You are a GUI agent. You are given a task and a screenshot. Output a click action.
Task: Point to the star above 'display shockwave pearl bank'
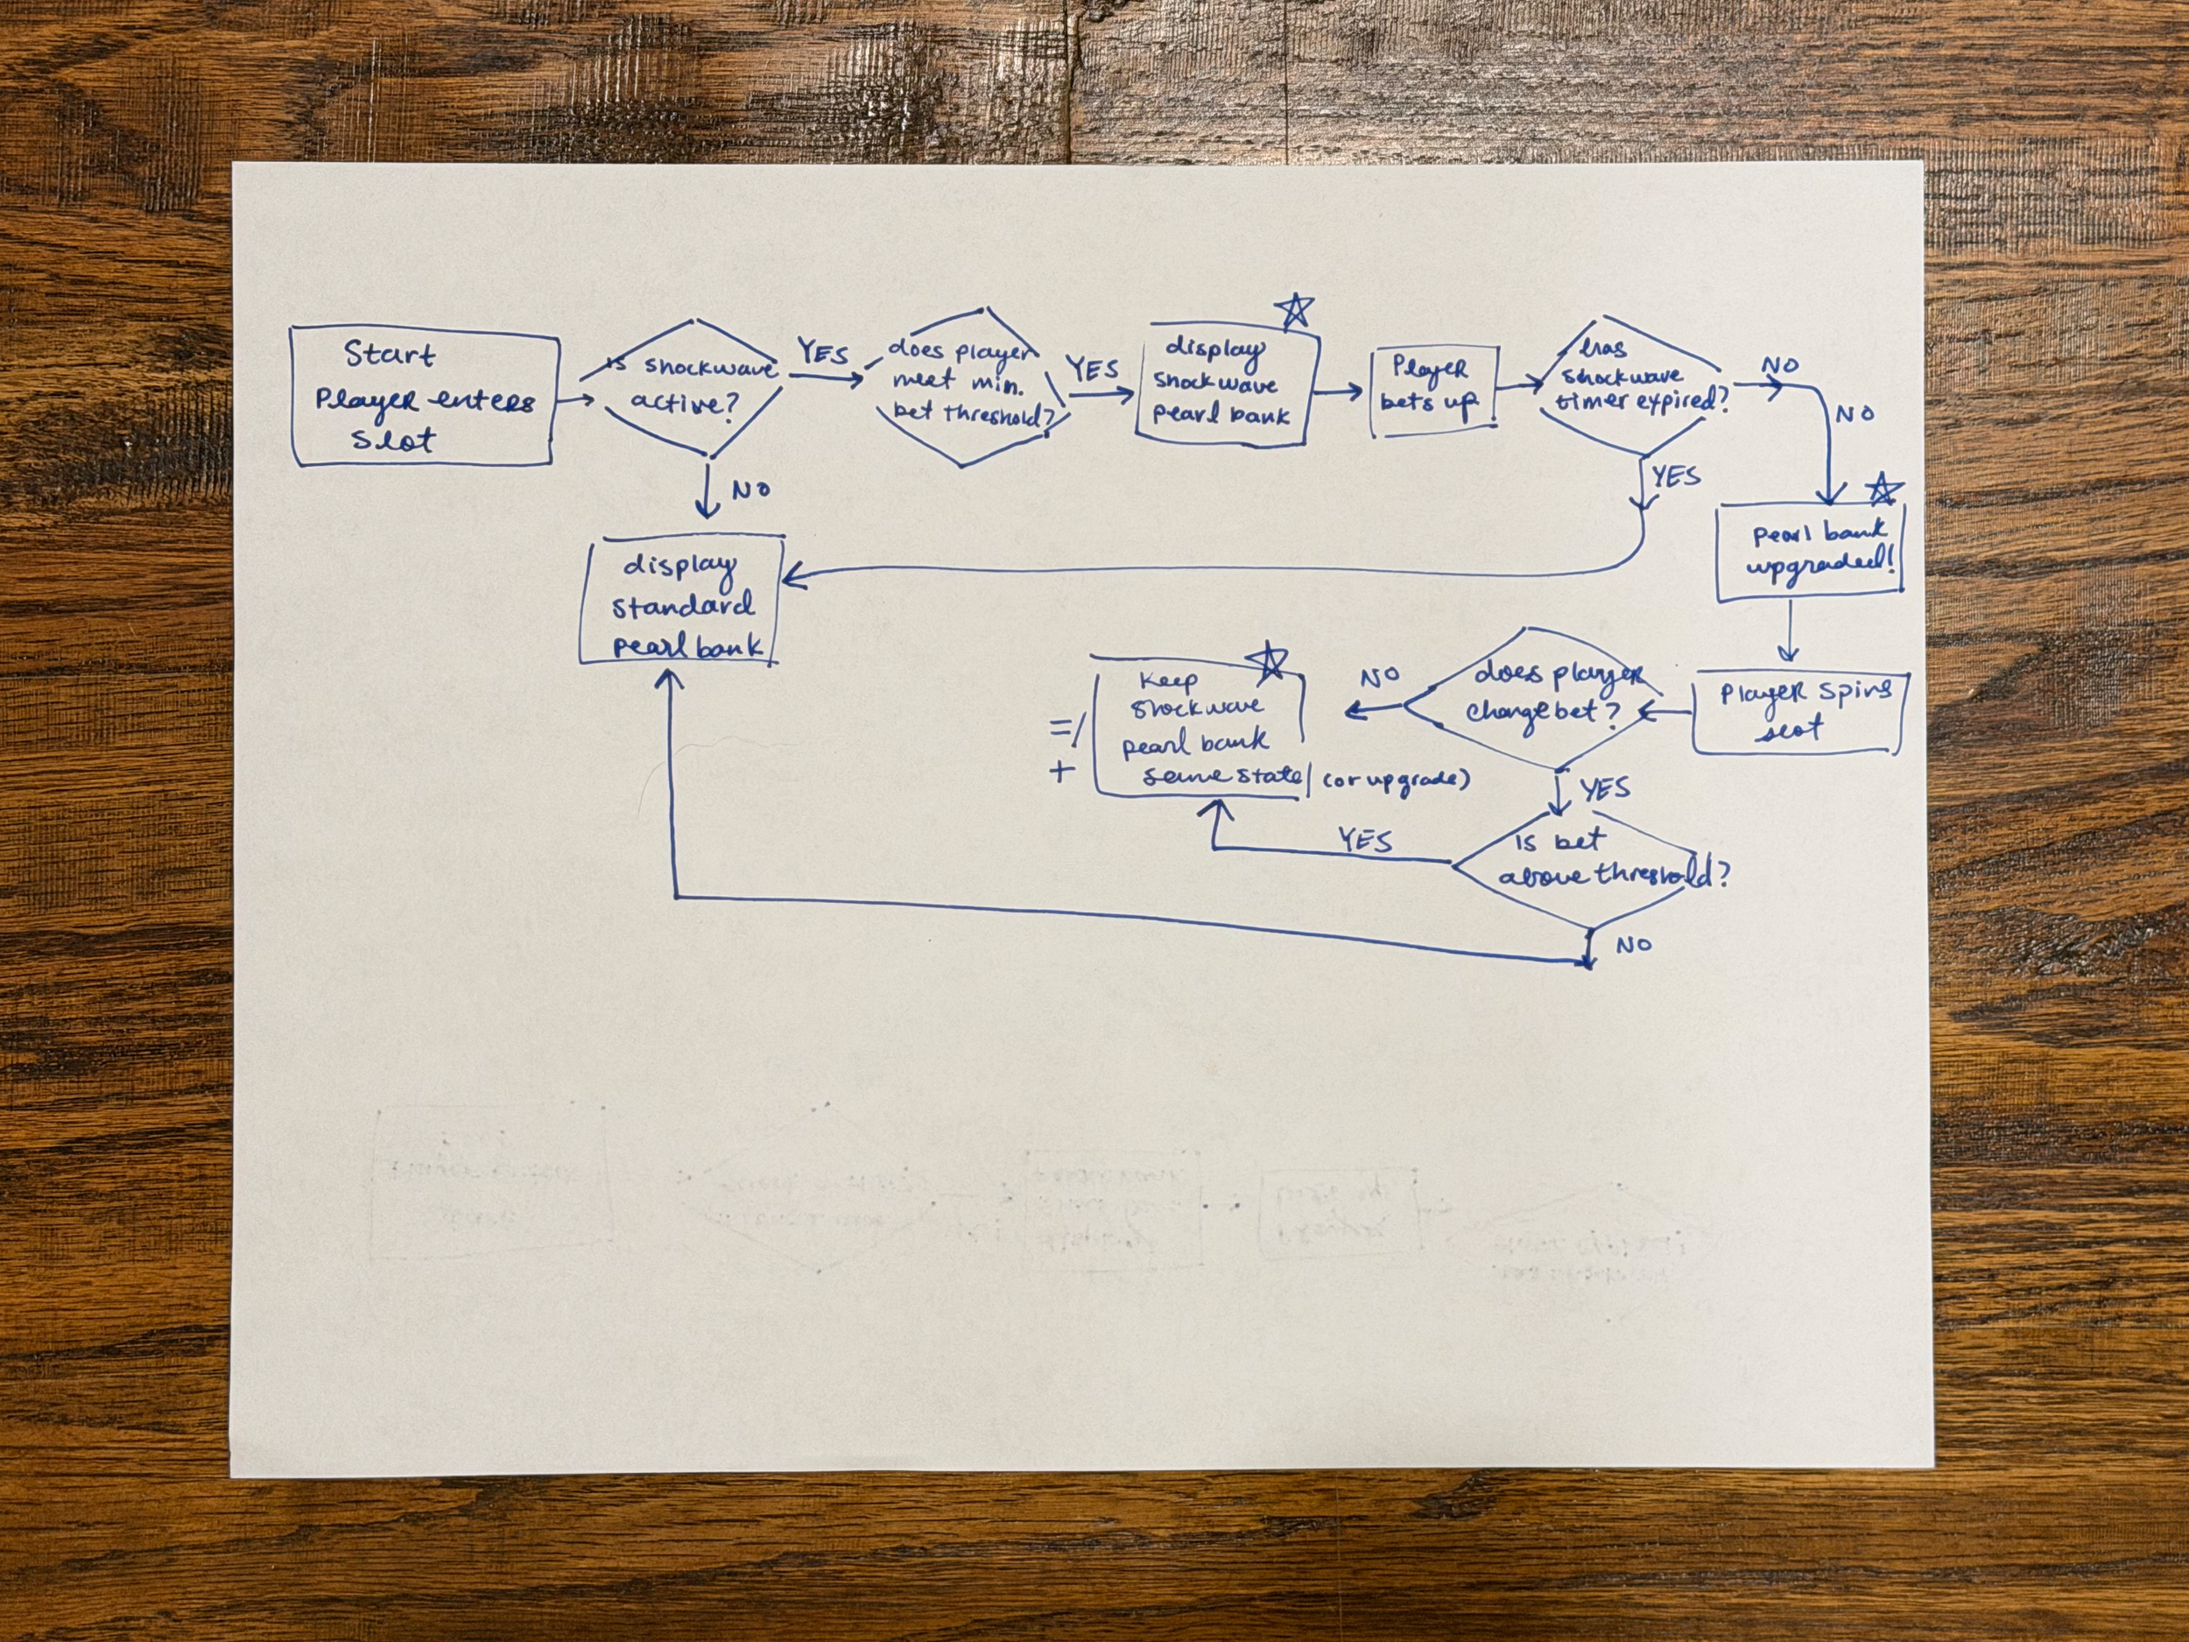click(1293, 312)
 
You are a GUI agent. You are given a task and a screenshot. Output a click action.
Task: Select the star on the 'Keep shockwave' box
click(1270, 662)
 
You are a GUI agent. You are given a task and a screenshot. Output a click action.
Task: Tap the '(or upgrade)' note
click(1396, 780)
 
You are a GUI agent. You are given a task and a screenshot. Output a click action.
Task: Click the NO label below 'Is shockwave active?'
click(751, 490)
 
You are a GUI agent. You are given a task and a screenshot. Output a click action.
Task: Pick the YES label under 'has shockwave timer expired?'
click(1675, 477)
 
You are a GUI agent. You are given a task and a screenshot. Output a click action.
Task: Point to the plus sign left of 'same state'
click(1062, 771)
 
